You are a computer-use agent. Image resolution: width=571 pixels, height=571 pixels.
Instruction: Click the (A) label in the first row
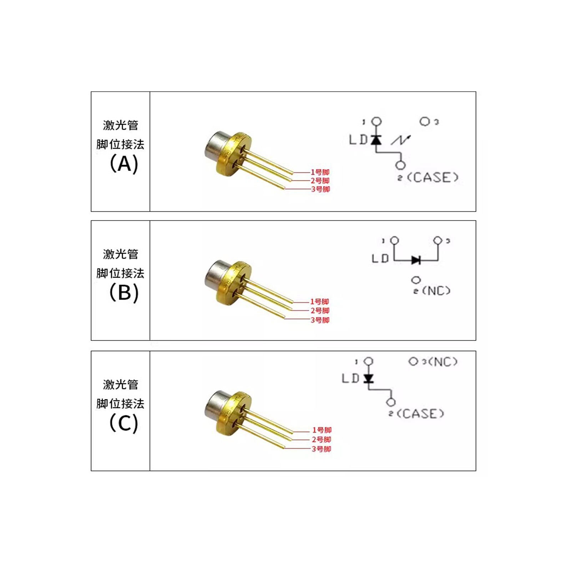point(123,164)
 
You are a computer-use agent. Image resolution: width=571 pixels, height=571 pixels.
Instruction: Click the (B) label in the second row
point(123,293)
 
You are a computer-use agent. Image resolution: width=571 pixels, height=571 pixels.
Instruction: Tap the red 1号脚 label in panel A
point(320,172)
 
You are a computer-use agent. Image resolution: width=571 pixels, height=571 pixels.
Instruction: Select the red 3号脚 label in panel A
point(320,189)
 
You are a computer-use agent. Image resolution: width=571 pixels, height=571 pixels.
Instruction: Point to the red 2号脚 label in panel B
point(320,311)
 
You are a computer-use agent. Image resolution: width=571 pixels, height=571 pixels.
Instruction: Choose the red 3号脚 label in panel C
point(321,449)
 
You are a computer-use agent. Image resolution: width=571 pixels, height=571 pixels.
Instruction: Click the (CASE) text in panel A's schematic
point(432,177)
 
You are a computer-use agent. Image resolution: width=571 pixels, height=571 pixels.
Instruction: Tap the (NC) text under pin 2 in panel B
point(436,291)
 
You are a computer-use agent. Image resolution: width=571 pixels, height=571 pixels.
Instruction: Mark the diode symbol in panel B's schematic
point(416,260)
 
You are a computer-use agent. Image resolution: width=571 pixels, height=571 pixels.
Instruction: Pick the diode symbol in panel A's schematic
point(376,140)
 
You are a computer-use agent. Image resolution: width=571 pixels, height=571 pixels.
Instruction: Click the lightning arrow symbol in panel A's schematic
point(401,140)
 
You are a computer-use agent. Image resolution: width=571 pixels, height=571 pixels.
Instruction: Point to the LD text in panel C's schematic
point(350,378)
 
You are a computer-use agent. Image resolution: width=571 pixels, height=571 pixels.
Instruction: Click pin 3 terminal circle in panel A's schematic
point(424,122)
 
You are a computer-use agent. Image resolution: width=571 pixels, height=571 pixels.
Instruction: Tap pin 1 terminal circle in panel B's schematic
point(394,241)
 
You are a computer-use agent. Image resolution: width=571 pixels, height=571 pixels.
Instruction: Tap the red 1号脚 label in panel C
point(322,430)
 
